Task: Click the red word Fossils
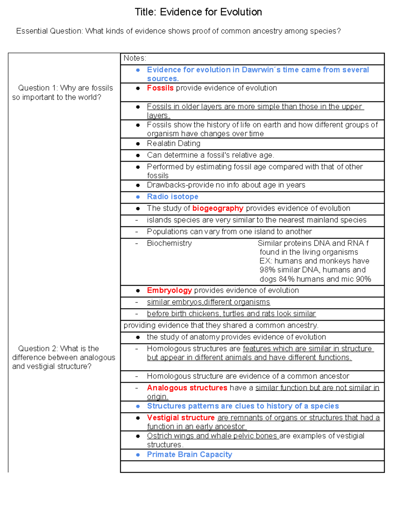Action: (160, 88)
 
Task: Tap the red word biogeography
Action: (218, 208)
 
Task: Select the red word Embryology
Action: (169, 290)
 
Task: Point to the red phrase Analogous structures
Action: (187, 388)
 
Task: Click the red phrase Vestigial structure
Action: (181, 418)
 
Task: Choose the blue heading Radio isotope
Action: (172, 197)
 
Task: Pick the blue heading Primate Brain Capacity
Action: (189, 455)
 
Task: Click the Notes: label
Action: (135, 58)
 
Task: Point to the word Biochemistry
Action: (169, 243)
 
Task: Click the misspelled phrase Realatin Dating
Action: (173, 144)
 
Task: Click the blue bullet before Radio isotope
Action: (138, 197)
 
